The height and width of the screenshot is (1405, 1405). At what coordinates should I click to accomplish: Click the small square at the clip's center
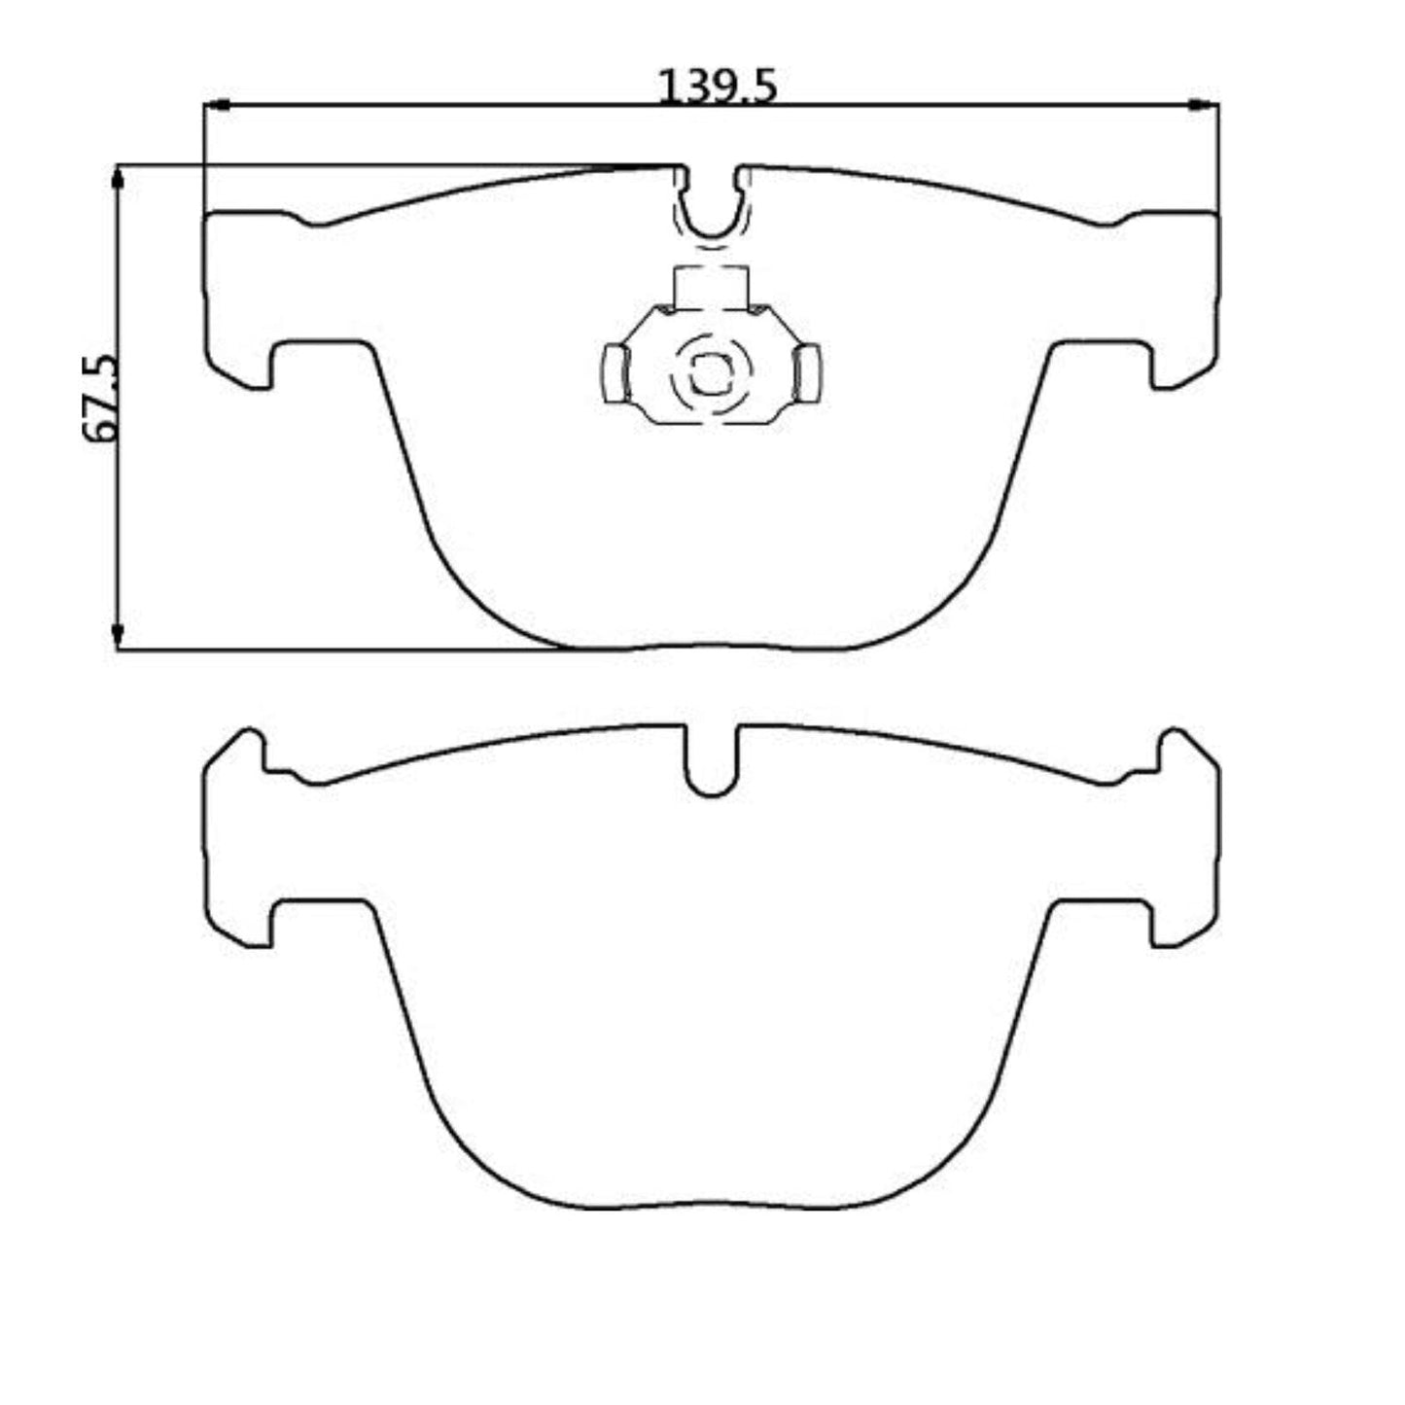point(709,371)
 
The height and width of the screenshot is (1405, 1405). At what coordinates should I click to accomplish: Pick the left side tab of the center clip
point(615,373)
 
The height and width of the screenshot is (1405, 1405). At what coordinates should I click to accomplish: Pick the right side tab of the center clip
point(807,373)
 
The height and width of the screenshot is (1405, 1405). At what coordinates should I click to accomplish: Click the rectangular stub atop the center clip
point(711,287)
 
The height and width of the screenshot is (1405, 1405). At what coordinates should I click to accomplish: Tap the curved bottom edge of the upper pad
point(711,648)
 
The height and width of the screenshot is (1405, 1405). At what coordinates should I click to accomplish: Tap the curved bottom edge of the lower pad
point(711,1207)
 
